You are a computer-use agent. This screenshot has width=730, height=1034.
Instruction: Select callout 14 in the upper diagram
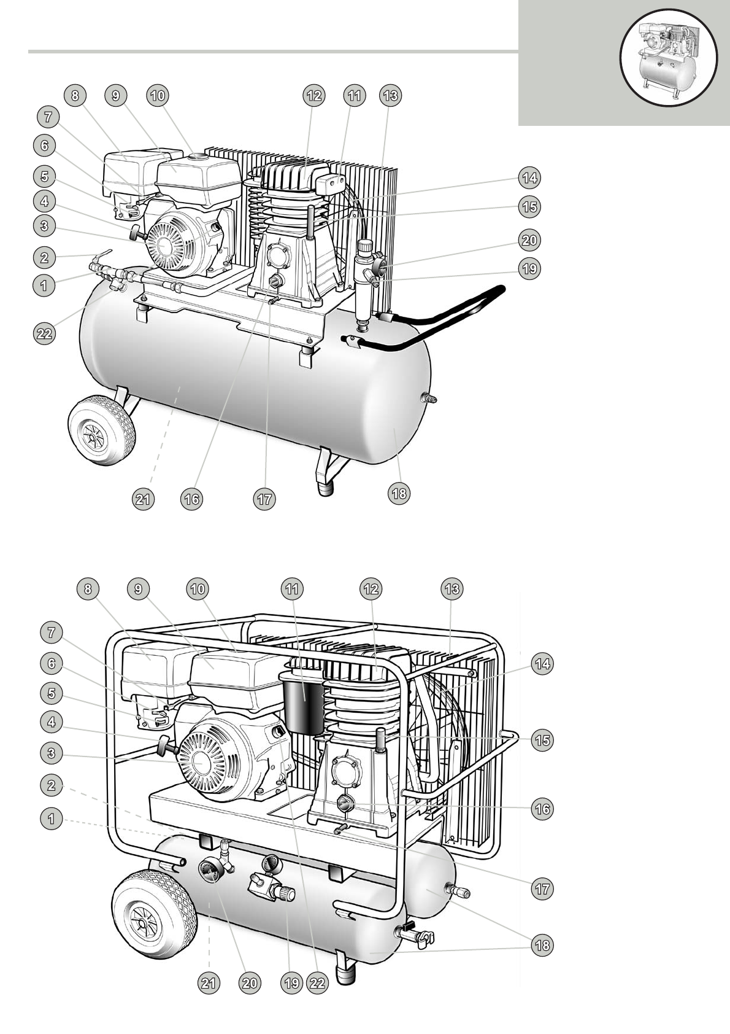point(529,178)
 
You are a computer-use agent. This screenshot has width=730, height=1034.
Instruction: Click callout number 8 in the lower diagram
point(88,589)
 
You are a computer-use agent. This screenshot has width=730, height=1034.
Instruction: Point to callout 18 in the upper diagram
point(399,494)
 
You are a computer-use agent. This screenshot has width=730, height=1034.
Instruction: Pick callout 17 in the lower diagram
point(542,888)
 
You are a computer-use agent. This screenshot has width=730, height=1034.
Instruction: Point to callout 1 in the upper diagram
point(44,285)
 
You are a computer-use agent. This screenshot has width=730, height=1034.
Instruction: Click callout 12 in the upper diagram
point(313,96)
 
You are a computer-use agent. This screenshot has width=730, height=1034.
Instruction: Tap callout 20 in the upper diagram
point(529,239)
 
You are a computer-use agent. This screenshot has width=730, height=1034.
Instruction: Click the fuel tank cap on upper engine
point(197,157)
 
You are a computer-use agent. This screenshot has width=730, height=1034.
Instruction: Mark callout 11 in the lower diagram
point(293,589)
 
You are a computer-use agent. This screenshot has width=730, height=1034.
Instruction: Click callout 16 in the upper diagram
point(192,499)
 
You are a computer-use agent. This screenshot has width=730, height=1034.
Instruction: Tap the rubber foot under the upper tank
point(326,488)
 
